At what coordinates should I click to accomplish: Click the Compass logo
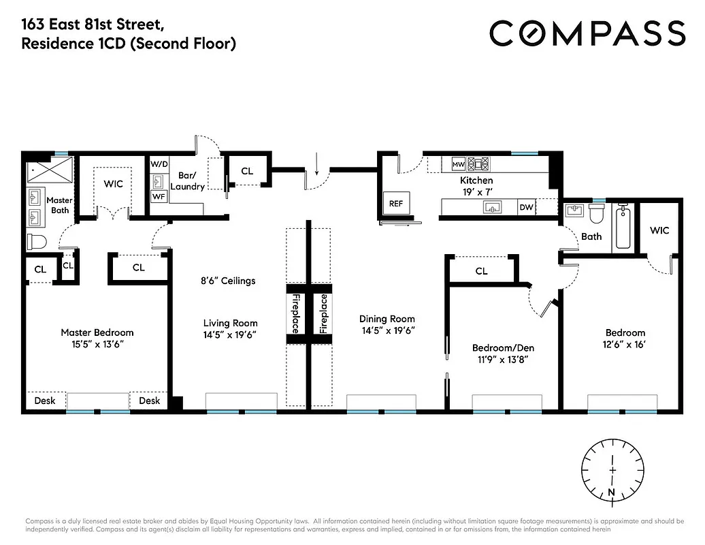(587, 33)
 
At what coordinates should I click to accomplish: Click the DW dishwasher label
(526, 208)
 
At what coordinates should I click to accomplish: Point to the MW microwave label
(458, 164)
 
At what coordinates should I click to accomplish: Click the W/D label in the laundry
(159, 164)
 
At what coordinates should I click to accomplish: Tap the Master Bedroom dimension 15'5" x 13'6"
(97, 345)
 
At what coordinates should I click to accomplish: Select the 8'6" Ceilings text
(227, 281)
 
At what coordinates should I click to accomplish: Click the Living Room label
(230, 323)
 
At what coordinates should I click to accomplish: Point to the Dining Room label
(387, 319)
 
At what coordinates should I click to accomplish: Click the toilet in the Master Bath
(36, 241)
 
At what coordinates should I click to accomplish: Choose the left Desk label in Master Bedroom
(45, 401)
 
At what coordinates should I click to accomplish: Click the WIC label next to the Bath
(659, 230)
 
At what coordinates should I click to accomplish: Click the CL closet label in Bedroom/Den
(481, 271)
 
